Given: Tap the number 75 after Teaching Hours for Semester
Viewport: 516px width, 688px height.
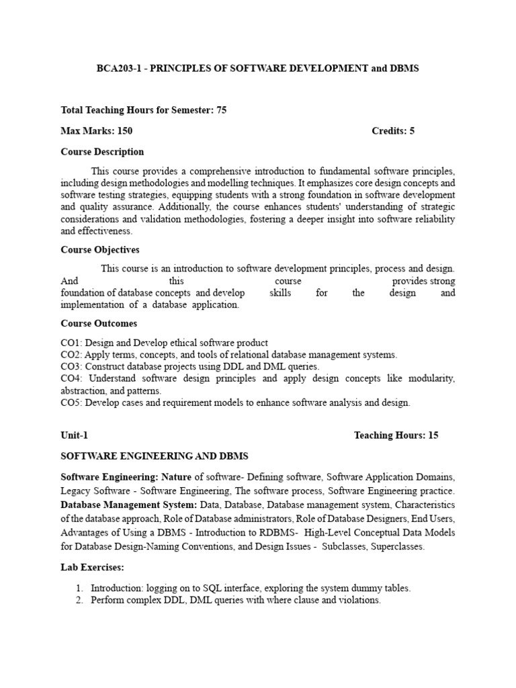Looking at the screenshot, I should [221, 110].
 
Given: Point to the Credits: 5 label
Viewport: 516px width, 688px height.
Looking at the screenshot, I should [393, 131].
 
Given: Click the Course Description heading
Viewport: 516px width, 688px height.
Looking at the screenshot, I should [102, 152].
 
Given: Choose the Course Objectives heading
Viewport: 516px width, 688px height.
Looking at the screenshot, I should [100, 250].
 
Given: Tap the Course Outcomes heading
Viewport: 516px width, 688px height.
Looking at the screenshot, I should [99, 324].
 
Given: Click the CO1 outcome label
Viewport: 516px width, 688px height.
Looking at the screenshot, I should [71, 343].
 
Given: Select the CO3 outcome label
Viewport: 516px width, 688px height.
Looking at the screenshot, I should [71, 367].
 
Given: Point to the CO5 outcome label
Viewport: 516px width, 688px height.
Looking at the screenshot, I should [71, 403].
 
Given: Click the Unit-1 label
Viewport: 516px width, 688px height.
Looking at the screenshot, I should [74, 435].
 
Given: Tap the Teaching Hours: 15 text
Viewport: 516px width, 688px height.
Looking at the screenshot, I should [396, 435].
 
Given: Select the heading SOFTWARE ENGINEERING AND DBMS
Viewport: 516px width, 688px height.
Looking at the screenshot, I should [155, 456].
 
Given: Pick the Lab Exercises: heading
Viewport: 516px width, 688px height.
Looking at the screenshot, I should [93, 568].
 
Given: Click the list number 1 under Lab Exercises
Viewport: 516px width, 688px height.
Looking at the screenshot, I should [79, 589].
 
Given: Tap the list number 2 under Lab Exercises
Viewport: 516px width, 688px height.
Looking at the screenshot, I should [79, 600].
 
